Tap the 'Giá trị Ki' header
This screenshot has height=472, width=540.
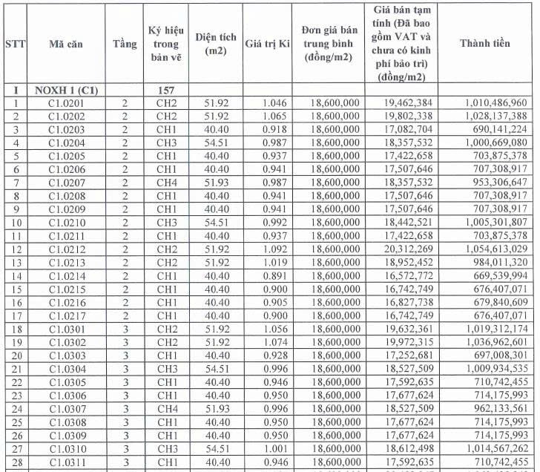tap(267, 44)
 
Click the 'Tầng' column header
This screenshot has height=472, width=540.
tap(125, 44)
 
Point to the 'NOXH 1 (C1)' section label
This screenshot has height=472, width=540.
tap(66, 90)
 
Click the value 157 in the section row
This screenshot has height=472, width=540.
tap(166, 90)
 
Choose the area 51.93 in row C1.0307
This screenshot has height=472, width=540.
tap(217, 408)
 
